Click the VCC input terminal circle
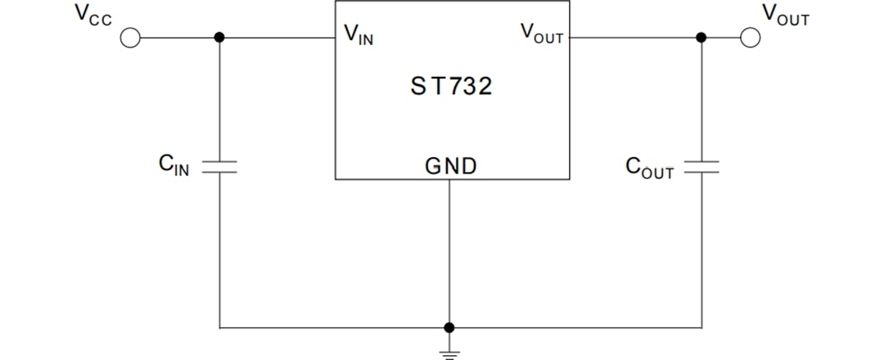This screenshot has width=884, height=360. point(131,38)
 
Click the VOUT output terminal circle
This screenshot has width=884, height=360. point(751,38)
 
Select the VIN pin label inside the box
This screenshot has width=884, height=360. point(359,34)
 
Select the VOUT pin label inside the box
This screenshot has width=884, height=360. point(541,34)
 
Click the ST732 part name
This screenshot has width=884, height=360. point(451,86)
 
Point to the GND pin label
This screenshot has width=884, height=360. point(450,167)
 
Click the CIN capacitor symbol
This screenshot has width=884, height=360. point(219,167)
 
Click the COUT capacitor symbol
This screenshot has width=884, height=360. point(701,167)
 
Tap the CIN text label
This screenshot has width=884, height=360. point(174,166)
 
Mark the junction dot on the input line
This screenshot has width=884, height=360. point(219,38)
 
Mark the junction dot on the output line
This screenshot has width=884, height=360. point(701,38)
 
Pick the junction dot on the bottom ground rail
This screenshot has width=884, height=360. point(449,327)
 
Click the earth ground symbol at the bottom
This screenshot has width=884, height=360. point(449,353)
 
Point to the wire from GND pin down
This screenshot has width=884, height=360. point(449,254)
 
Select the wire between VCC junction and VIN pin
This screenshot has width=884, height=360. point(278,38)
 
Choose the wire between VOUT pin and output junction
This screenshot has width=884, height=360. point(634,38)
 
